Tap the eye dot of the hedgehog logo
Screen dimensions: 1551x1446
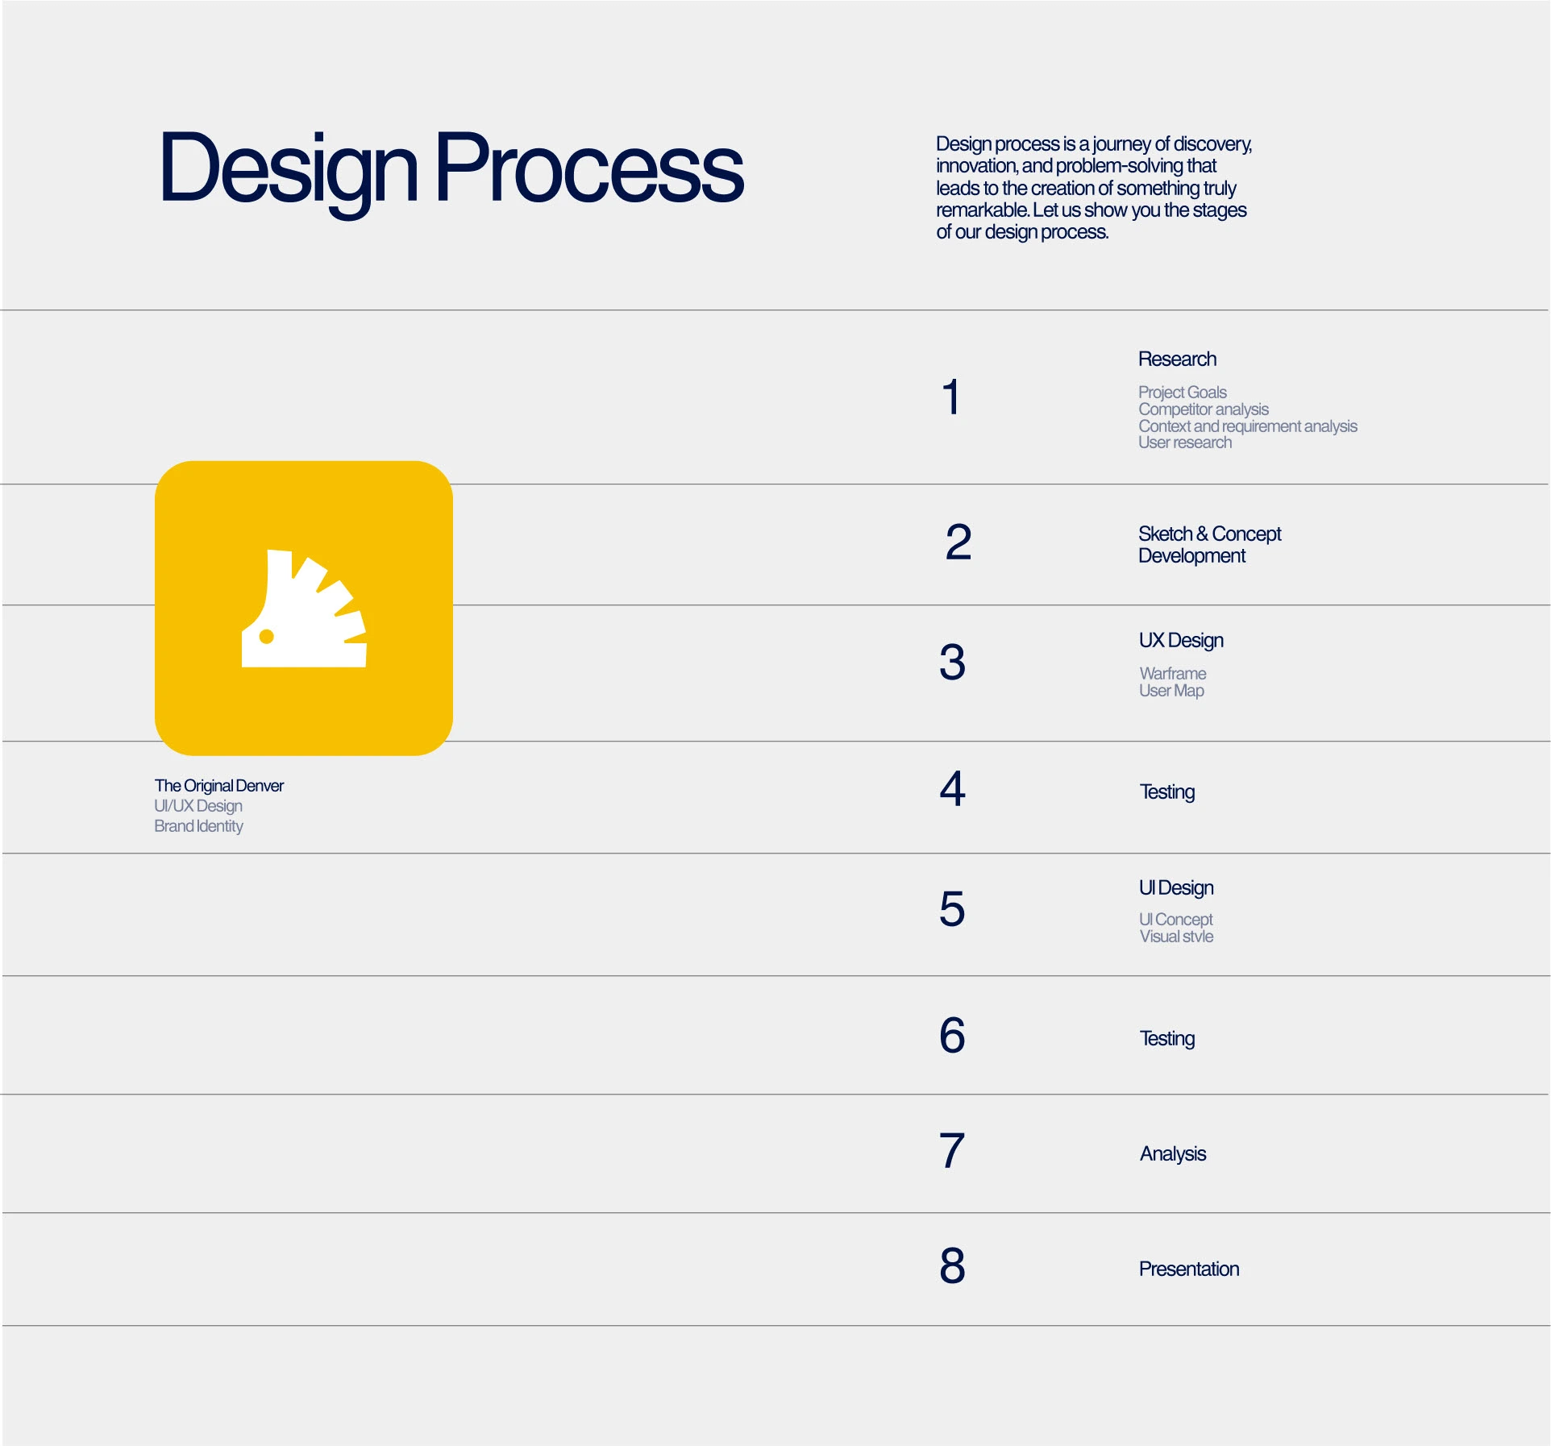point(267,637)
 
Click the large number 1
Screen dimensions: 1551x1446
point(952,397)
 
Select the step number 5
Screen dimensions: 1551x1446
point(952,908)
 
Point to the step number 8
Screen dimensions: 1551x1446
point(952,1265)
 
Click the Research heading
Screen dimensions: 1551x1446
point(1177,359)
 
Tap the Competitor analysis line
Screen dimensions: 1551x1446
point(1204,409)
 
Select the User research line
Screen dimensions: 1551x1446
point(1185,443)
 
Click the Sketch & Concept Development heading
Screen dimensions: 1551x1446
point(1209,545)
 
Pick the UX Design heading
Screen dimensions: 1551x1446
point(1181,641)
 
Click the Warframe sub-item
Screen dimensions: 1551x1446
point(1173,674)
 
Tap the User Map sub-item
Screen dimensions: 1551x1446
point(1171,691)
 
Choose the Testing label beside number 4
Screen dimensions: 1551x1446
point(1167,792)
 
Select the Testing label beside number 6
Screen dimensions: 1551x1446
point(1167,1039)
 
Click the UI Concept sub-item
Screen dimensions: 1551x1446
point(1176,920)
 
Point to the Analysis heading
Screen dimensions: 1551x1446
point(1173,1154)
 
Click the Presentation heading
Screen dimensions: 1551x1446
point(1189,1269)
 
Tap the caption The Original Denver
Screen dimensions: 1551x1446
point(219,786)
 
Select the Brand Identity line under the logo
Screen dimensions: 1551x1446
point(198,826)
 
